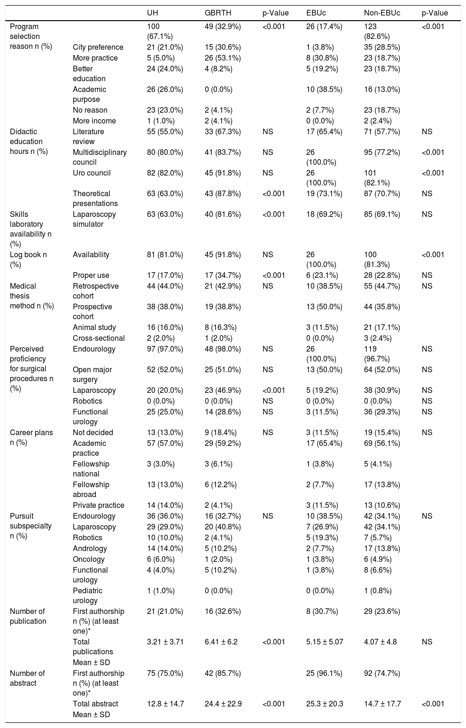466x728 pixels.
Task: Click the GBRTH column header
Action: click(218, 13)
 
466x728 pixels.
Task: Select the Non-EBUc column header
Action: click(382, 13)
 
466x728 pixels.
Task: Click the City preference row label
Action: click(98, 47)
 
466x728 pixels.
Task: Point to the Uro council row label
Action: click(92, 173)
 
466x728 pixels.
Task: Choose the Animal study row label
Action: click(94, 327)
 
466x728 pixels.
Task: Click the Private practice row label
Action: click(98, 505)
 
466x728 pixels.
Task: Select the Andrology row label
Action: click(90, 548)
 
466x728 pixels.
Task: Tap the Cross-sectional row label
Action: click(99, 338)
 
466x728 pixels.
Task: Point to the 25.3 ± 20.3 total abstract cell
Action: click(325, 704)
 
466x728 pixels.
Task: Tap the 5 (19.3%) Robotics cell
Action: click(324, 537)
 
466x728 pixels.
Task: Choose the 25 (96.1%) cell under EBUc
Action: click(324, 673)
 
